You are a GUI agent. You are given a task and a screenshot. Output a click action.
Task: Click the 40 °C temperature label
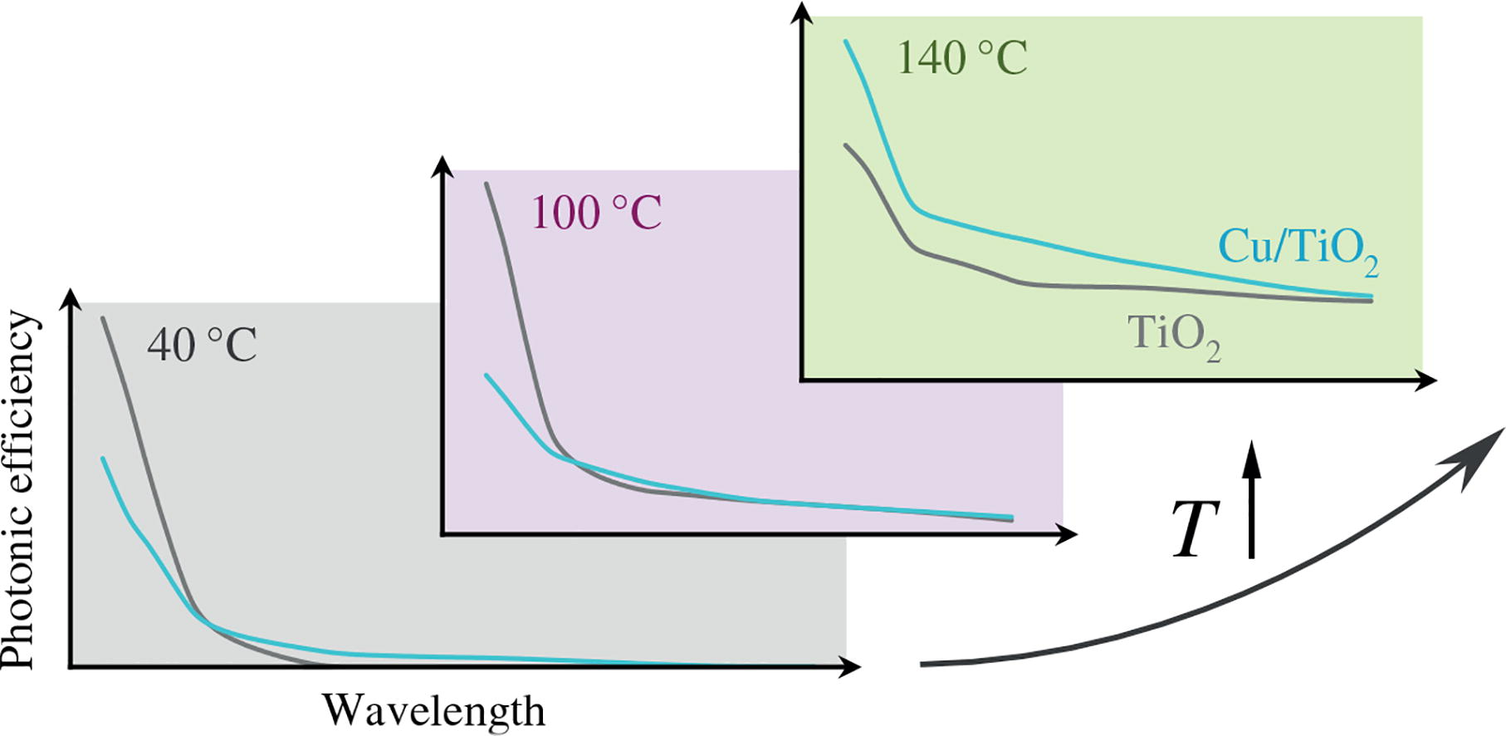(x=202, y=346)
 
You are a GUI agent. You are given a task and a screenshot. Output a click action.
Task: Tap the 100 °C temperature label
(x=596, y=213)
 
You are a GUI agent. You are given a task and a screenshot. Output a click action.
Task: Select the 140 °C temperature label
(x=962, y=59)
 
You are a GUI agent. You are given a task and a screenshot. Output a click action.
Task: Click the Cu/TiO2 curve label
(x=1298, y=249)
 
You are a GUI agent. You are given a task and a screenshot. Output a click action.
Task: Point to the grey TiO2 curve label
(x=1173, y=335)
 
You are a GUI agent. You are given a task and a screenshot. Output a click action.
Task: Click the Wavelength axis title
(x=433, y=711)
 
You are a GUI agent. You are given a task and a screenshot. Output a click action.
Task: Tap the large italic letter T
(x=1195, y=530)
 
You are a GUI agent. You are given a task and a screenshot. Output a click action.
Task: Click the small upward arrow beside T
(x=1252, y=498)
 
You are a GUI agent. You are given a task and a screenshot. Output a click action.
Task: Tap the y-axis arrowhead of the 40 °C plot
(x=72, y=297)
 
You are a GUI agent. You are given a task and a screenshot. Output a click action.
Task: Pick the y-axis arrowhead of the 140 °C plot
(x=802, y=12)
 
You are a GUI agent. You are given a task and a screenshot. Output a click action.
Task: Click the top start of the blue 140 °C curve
(x=846, y=41)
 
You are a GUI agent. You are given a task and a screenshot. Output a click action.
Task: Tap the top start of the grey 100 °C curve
(x=487, y=184)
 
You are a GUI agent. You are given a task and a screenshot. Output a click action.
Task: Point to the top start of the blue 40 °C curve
(x=102, y=459)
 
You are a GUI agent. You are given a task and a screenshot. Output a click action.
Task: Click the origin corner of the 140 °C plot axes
(x=802, y=380)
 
